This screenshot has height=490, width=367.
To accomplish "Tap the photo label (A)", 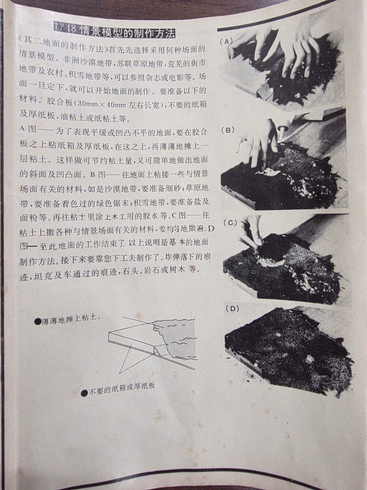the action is pyautogui.click(x=226, y=42).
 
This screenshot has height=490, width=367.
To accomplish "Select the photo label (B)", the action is pyautogui.click(x=228, y=130).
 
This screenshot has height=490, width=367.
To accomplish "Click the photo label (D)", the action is pyautogui.click(x=232, y=309).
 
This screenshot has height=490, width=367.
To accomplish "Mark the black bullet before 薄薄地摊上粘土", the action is pyautogui.click(x=38, y=321).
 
